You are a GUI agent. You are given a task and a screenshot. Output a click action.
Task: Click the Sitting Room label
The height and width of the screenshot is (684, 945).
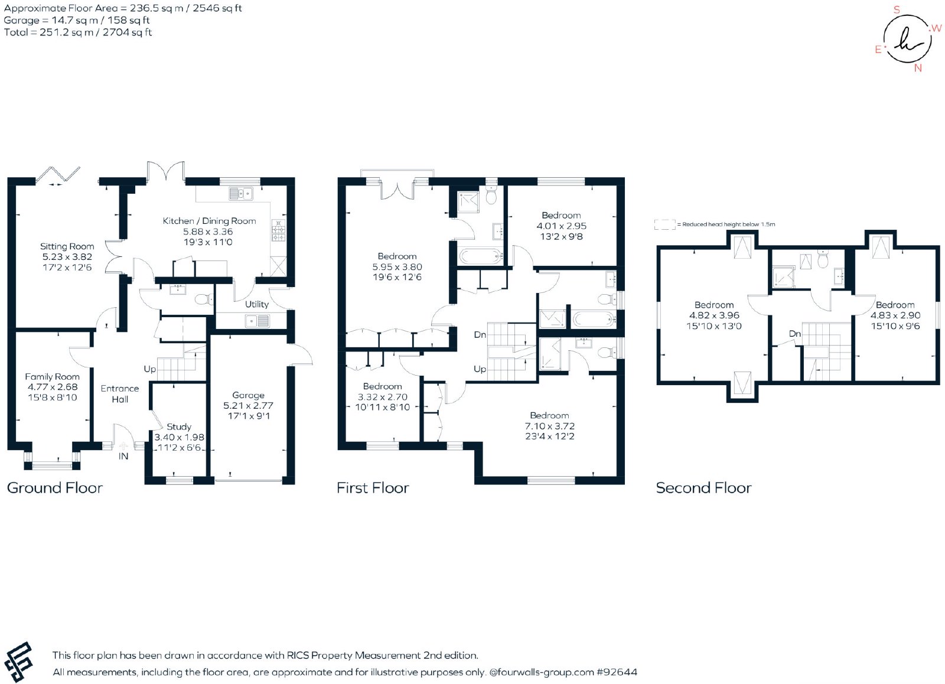(67, 246)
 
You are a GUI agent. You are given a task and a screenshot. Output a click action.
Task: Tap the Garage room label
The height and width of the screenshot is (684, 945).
(249, 395)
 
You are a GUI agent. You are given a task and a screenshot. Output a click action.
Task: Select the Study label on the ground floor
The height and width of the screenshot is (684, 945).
(179, 427)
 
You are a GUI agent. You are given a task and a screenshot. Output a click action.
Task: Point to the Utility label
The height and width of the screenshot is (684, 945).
(257, 304)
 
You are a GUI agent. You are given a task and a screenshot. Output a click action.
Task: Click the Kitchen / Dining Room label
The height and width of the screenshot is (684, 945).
(209, 221)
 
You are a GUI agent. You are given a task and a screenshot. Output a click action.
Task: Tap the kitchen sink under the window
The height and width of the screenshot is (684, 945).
(241, 194)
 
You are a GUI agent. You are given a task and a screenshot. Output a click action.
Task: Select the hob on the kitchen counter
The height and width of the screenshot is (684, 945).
(278, 231)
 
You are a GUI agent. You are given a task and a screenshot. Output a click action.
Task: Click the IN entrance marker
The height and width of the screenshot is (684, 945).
(123, 456)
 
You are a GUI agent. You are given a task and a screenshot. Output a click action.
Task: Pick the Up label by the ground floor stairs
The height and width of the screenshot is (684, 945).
(150, 369)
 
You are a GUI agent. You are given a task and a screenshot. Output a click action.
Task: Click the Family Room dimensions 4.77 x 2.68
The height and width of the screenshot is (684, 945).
(53, 387)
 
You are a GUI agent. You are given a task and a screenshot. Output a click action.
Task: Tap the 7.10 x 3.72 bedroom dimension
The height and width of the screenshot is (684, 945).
(550, 426)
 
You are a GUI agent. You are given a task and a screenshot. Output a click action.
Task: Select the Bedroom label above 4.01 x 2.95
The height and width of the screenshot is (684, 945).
(561, 216)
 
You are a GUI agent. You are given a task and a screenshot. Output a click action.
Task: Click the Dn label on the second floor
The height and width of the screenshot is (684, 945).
(795, 334)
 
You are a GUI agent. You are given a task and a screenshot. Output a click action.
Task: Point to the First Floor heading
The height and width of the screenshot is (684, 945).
(373, 488)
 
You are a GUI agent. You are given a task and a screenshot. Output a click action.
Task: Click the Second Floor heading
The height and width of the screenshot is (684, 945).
(703, 488)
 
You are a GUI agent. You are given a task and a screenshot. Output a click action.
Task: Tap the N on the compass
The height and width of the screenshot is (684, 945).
(918, 68)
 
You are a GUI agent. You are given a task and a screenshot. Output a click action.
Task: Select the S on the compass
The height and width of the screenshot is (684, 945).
(897, 9)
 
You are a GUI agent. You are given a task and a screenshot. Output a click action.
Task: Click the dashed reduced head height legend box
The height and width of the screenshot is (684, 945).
(665, 224)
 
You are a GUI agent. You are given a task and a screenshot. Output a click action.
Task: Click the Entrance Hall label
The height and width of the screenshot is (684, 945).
(120, 394)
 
